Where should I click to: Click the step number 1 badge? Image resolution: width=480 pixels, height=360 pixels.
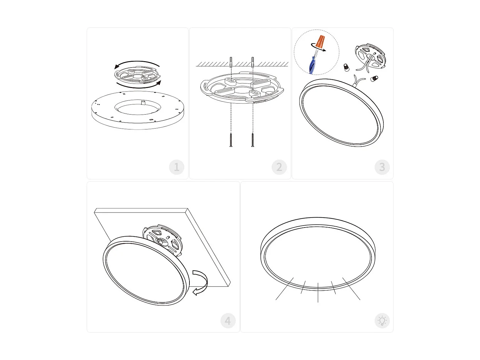tap(177, 167)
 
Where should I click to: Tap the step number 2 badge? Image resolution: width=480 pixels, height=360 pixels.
tap(279, 167)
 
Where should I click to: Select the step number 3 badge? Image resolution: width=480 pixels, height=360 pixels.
tap(382, 167)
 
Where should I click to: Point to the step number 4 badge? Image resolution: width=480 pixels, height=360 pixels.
tap(228, 321)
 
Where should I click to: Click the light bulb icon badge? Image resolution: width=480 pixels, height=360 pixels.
tap(382, 321)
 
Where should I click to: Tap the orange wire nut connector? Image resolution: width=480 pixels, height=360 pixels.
tap(320, 42)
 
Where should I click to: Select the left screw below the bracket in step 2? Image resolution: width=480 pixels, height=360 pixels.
tap(231, 140)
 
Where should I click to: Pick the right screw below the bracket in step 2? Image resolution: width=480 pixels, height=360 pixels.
tap(252, 140)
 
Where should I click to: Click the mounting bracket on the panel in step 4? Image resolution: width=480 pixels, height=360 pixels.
tap(163, 238)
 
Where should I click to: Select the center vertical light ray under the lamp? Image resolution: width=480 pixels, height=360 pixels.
tap(318, 292)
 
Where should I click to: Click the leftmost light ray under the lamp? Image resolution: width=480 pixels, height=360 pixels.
tap(284, 289)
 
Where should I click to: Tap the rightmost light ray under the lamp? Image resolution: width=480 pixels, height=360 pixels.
tap(351, 289)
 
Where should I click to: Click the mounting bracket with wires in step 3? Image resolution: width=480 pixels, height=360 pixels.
tap(371, 56)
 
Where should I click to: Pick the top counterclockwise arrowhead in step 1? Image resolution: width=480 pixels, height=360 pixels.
tap(117, 67)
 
